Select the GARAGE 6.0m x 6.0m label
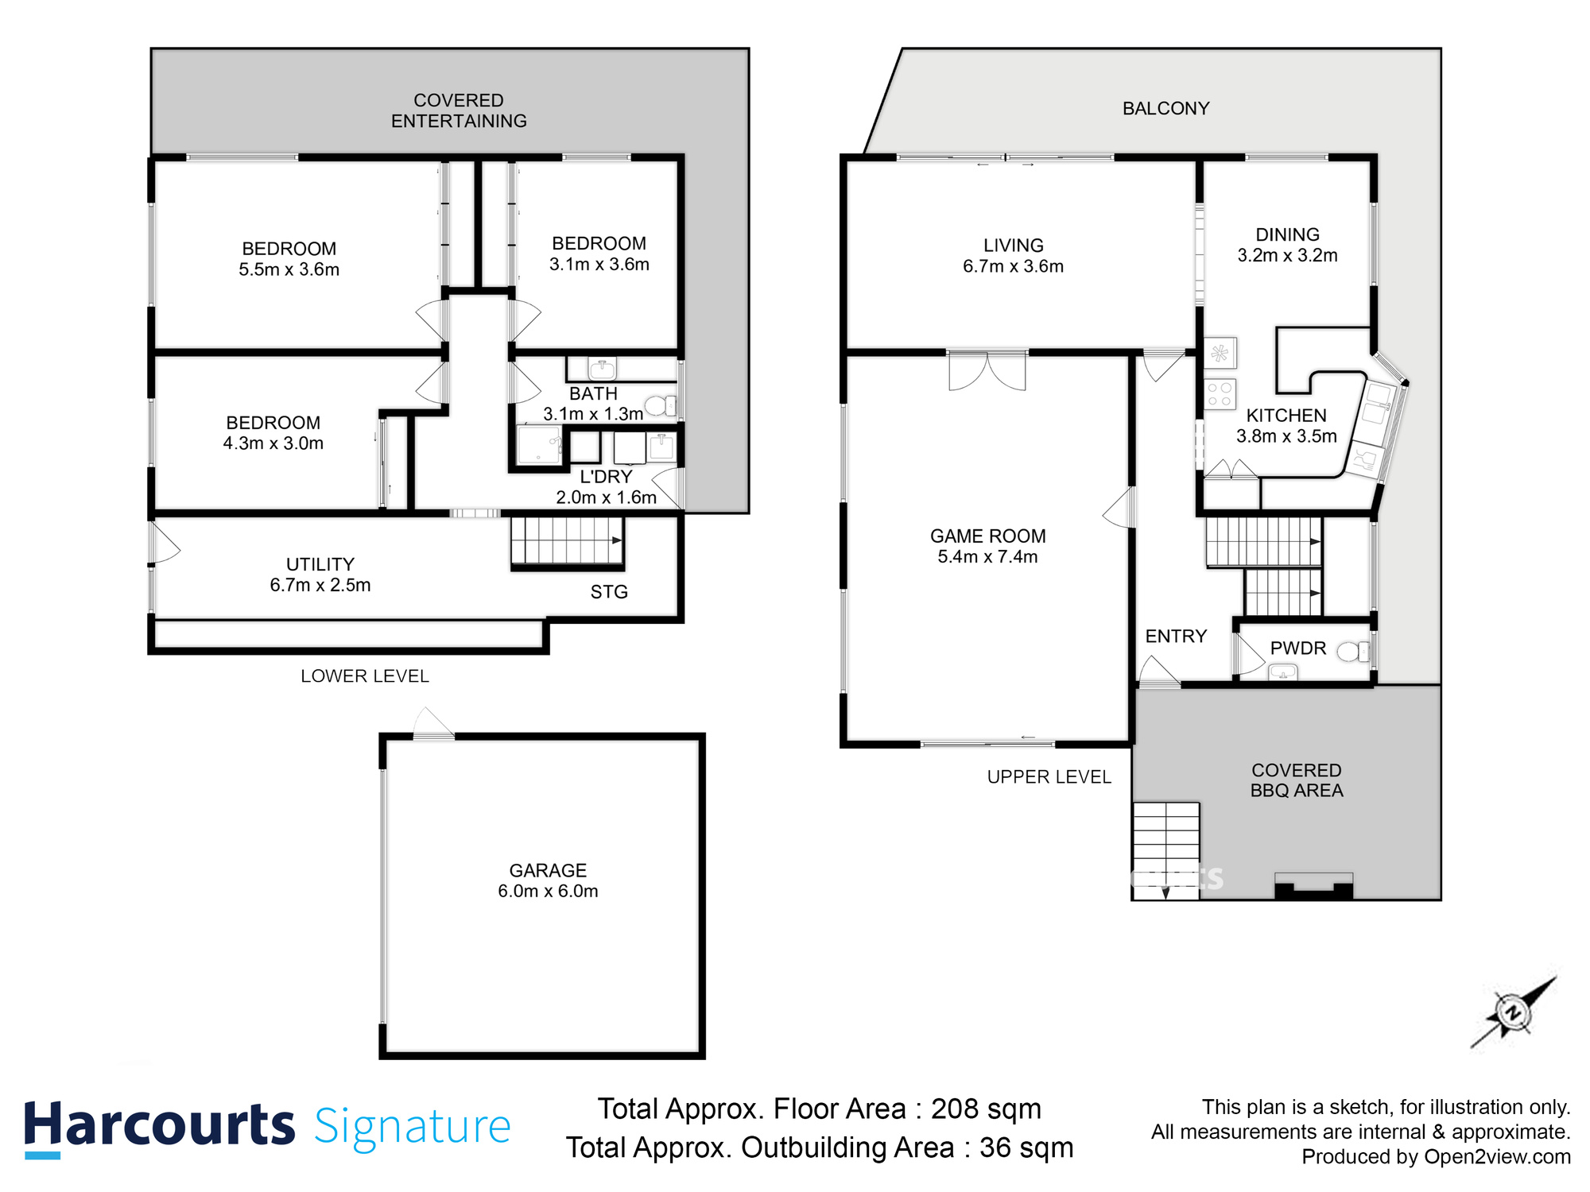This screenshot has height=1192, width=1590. [x=548, y=880]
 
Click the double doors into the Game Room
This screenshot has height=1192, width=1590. [x=987, y=371]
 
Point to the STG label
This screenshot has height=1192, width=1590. [x=609, y=592]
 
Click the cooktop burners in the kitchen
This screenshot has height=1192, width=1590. [x=1220, y=395]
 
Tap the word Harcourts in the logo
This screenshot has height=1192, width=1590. [x=159, y=1125]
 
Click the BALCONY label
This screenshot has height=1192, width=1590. [x=1165, y=109]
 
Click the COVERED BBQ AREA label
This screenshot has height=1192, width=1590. [x=1296, y=780]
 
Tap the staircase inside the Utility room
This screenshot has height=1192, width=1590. [x=566, y=541]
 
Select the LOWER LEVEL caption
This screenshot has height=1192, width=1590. [x=365, y=676]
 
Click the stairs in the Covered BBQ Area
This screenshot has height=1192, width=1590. [x=1165, y=850]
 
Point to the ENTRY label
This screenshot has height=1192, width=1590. [x=1176, y=637]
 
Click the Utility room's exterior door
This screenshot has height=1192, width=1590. [x=163, y=544]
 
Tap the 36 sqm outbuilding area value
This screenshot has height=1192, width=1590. [x=1026, y=1147]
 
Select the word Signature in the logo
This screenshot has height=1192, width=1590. [x=412, y=1127]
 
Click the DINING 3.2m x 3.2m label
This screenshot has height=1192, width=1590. [x=1287, y=245]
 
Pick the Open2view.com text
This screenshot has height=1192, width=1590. [x=1497, y=1157]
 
